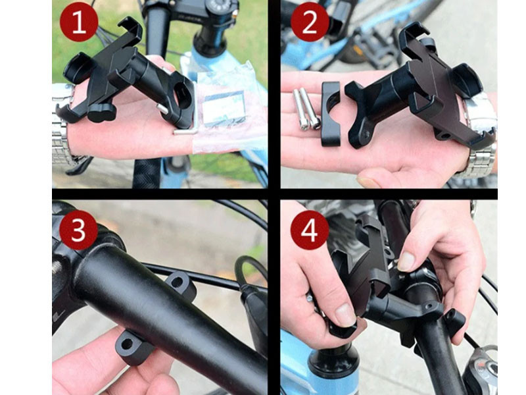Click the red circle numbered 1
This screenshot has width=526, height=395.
tap(79, 22)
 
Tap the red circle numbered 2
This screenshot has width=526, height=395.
tap(310, 22)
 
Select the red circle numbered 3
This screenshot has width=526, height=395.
tap(78, 230)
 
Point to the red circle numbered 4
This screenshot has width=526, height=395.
tap(310, 230)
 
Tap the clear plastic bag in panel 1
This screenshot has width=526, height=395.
tap(225, 107)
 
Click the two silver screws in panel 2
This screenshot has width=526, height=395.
tap(306, 109)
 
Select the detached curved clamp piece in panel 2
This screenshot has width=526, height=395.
tap(331, 114)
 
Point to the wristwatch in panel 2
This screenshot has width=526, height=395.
tap(478, 134)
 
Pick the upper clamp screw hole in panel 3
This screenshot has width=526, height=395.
tap(178, 281)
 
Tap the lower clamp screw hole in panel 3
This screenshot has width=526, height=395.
tap(127, 344)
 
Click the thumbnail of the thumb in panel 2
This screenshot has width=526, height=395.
tap(368, 182)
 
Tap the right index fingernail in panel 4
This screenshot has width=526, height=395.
tap(406, 261)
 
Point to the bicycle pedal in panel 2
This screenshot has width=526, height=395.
tap(372, 47)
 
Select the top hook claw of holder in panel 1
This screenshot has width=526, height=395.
tap(131, 28)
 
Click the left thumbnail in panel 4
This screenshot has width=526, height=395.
tap(346, 315)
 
